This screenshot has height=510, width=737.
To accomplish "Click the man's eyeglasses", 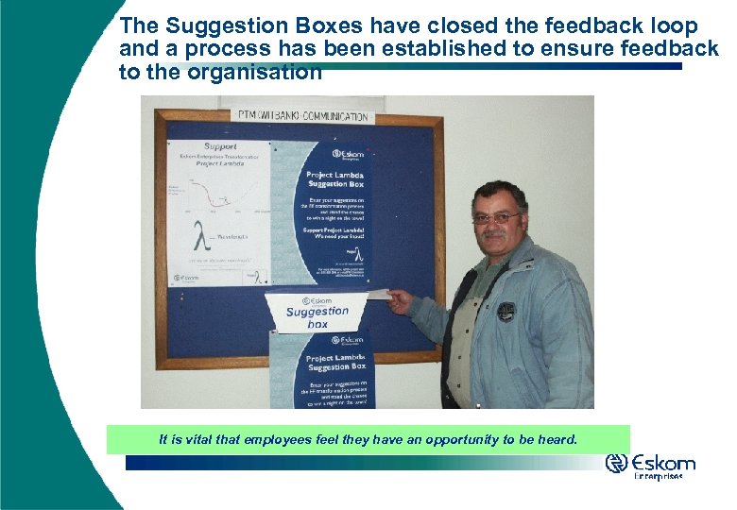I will coord(496,218).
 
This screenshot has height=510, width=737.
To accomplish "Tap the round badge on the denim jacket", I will coord(507,312).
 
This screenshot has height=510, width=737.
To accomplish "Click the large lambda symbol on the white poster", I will coord(199,233).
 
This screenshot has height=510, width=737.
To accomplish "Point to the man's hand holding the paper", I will coord(400,301).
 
